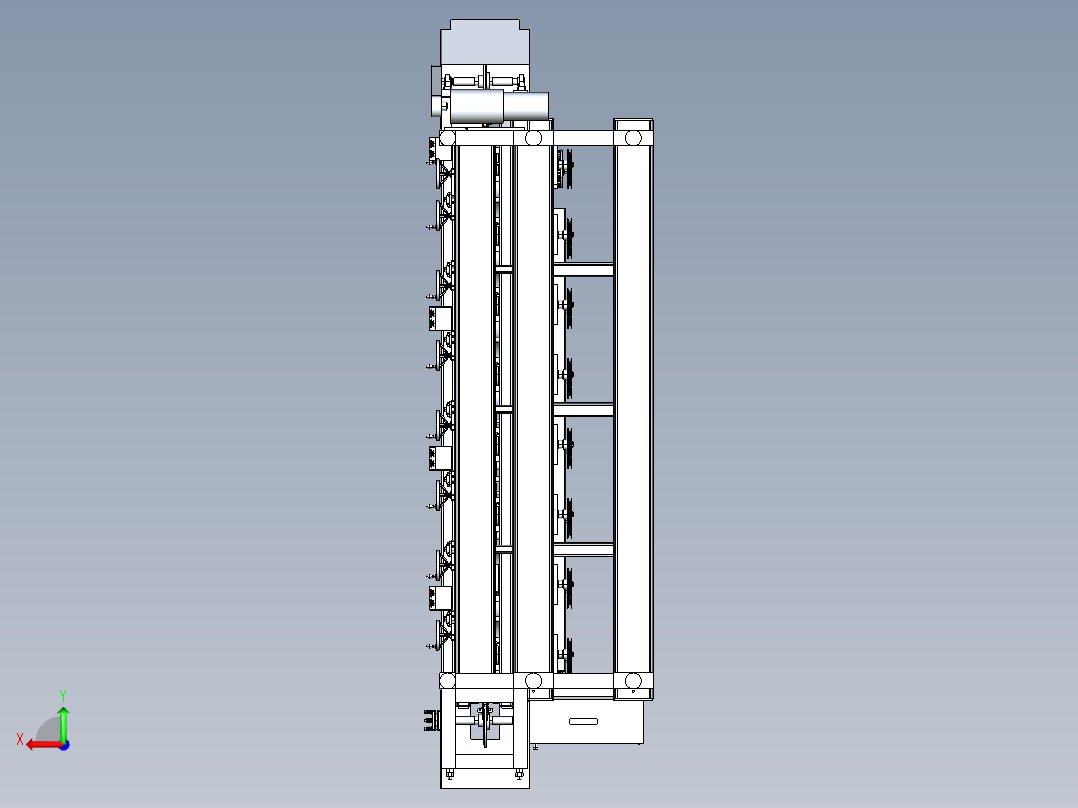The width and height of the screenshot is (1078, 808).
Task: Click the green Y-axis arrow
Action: click(x=63, y=723)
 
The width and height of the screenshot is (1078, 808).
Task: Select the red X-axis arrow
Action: click(x=44, y=745)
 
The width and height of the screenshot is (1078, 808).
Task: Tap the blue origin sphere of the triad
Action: click(x=64, y=745)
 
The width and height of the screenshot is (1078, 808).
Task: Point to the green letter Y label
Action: click(x=63, y=695)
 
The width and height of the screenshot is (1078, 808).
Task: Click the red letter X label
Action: click(x=20, y=739)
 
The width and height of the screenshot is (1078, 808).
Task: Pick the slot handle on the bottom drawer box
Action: click(x=583, y=721)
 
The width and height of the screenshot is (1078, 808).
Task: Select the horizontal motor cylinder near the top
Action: click(x=498, y=107)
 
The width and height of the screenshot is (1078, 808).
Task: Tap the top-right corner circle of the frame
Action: click(x=632, y=138)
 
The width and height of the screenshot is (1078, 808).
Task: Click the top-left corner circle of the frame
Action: click(x=448, y=139)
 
